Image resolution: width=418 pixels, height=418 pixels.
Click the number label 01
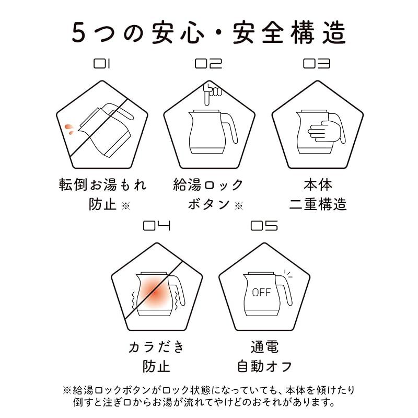point(102,64)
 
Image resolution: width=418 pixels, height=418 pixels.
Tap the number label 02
point(208,64)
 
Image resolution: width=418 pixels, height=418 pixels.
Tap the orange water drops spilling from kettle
point(68,129)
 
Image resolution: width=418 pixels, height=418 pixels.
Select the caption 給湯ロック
point(208,185)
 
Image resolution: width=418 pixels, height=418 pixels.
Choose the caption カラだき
point(156,347)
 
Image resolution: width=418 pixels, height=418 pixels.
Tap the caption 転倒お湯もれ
point(102,185)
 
